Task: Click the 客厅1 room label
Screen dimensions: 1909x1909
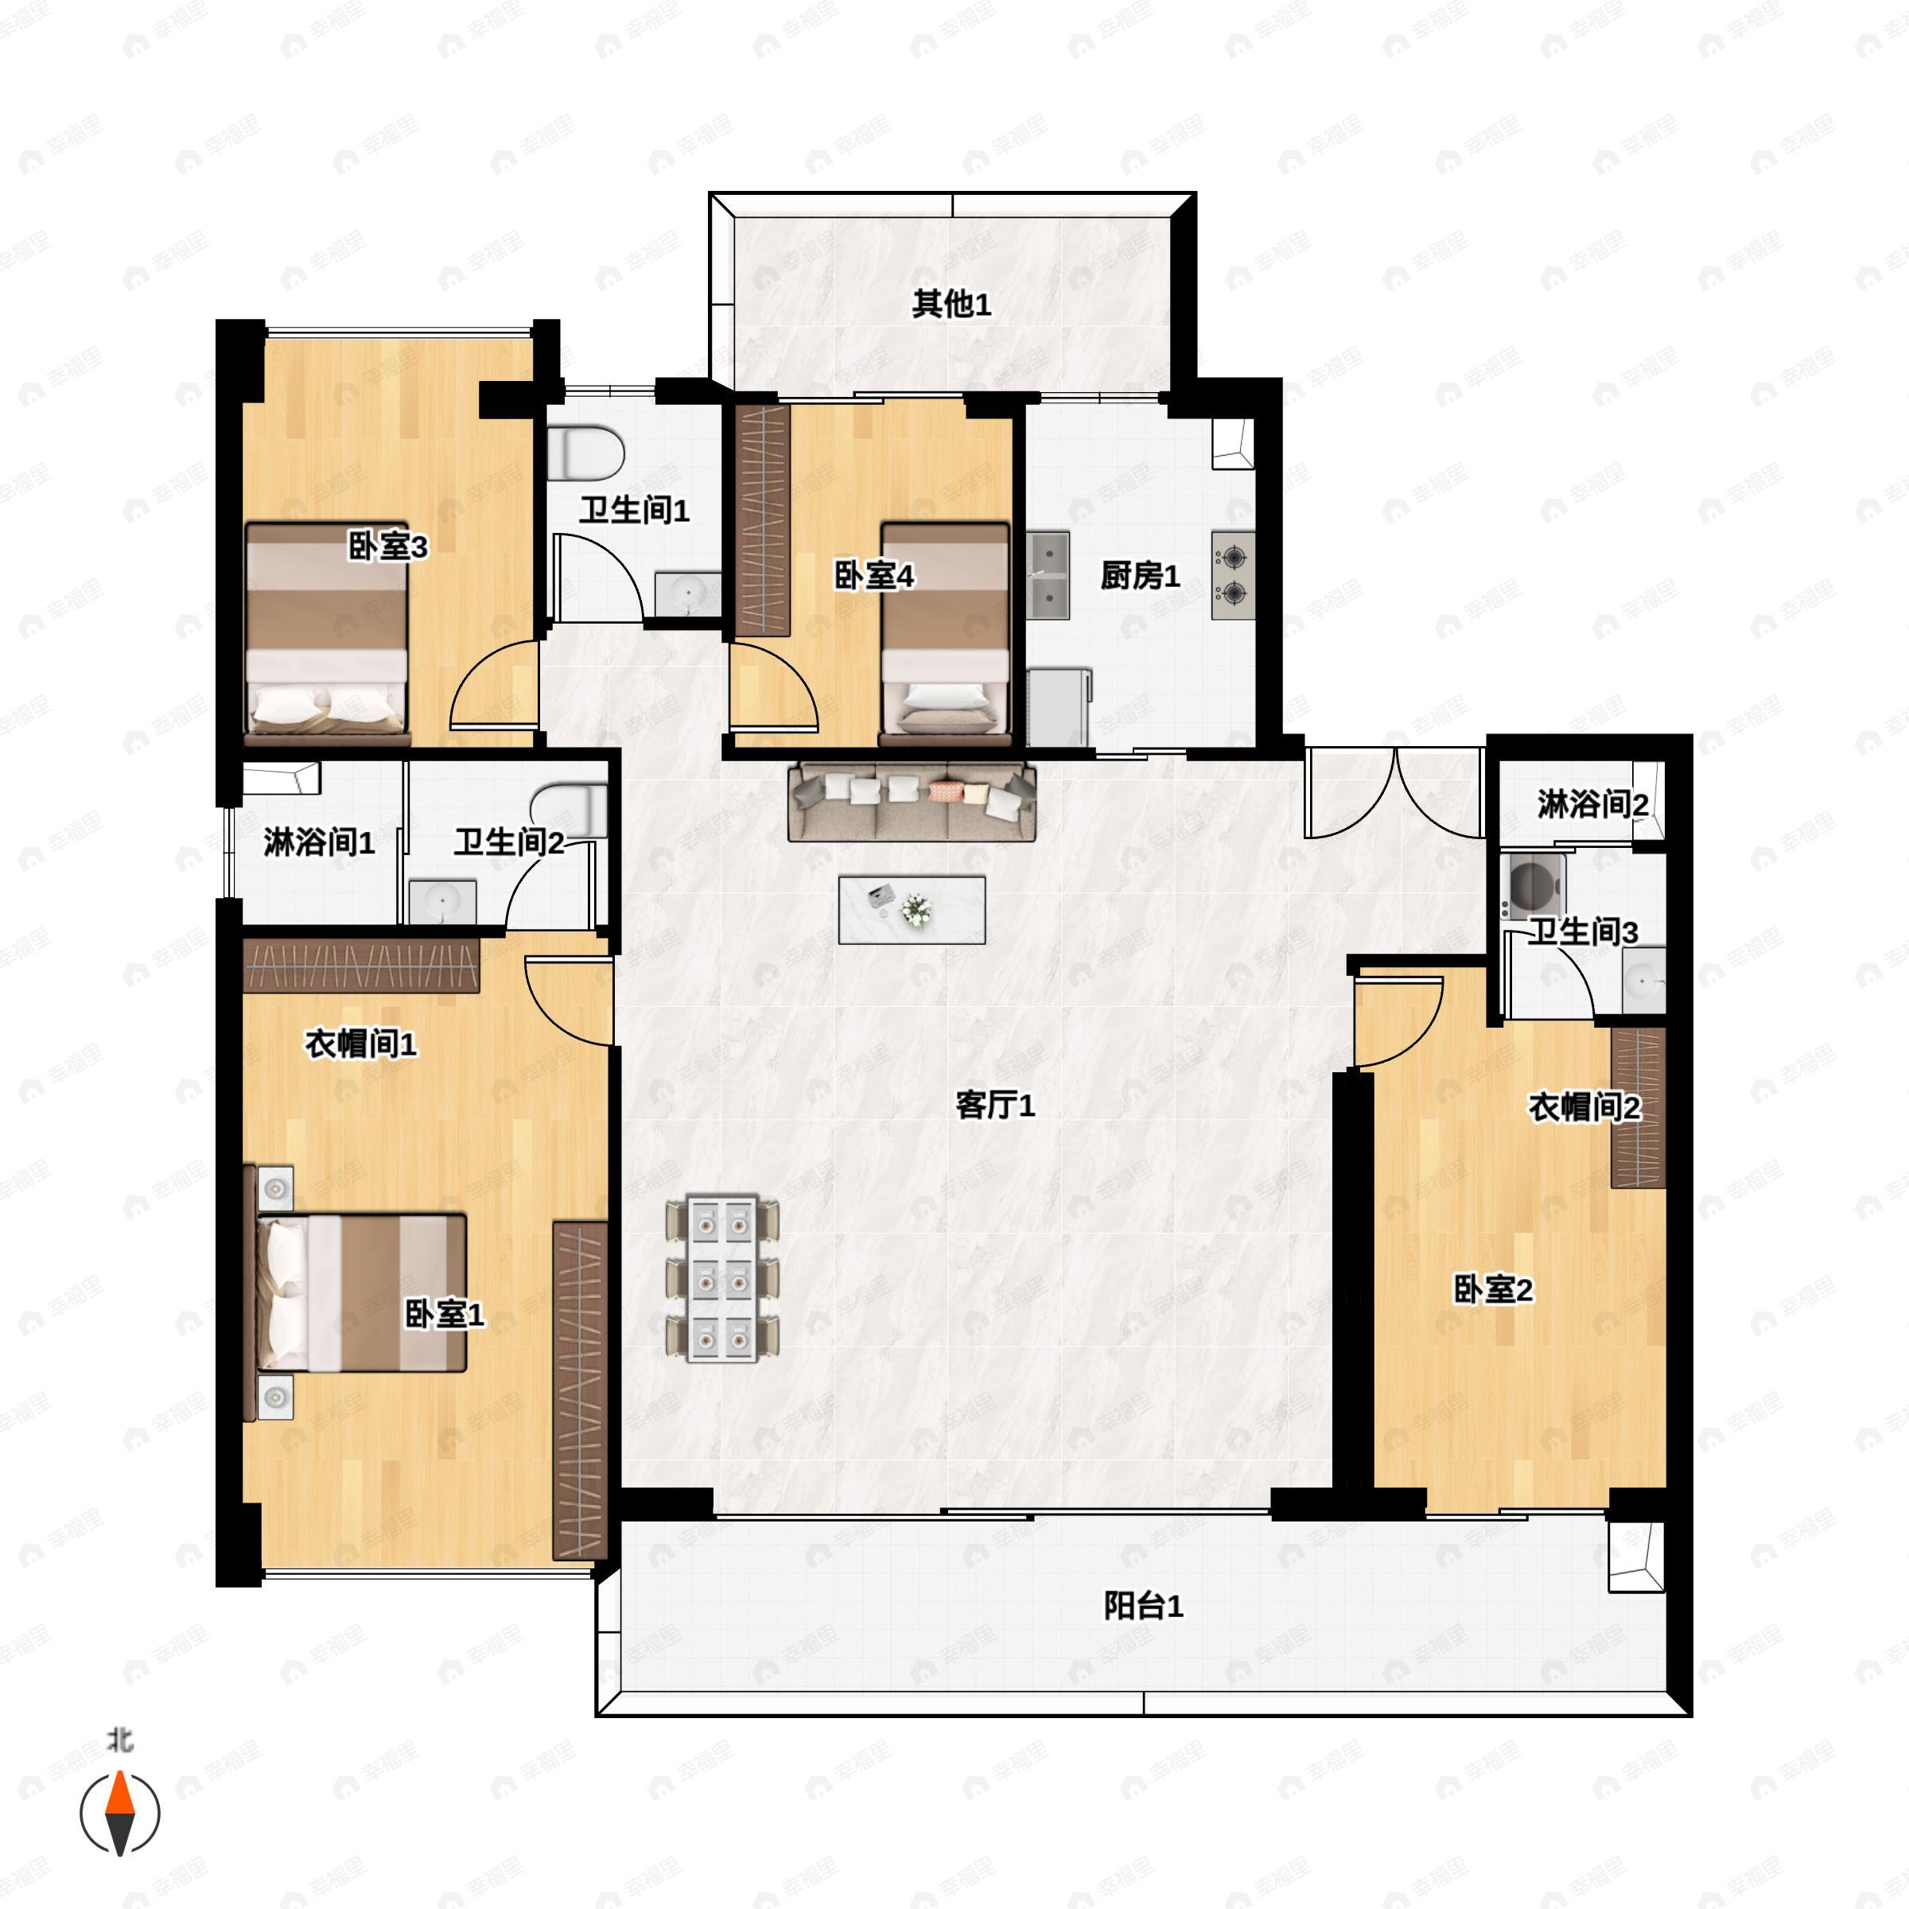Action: pyautogui.click(x=995, y=1105)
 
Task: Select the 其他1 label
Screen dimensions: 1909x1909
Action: pyautogui.click(x=951, y=305)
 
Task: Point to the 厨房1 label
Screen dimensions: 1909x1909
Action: pyautogui.click(x=1141, y=576)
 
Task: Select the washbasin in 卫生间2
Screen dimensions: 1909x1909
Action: pyautogui.click(x=443, y=901)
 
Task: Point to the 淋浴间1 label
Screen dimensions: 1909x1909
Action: pyautogui.click(x=318, y=843)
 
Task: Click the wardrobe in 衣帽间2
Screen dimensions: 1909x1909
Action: pyautogui.click(x=1637, y=1108)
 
